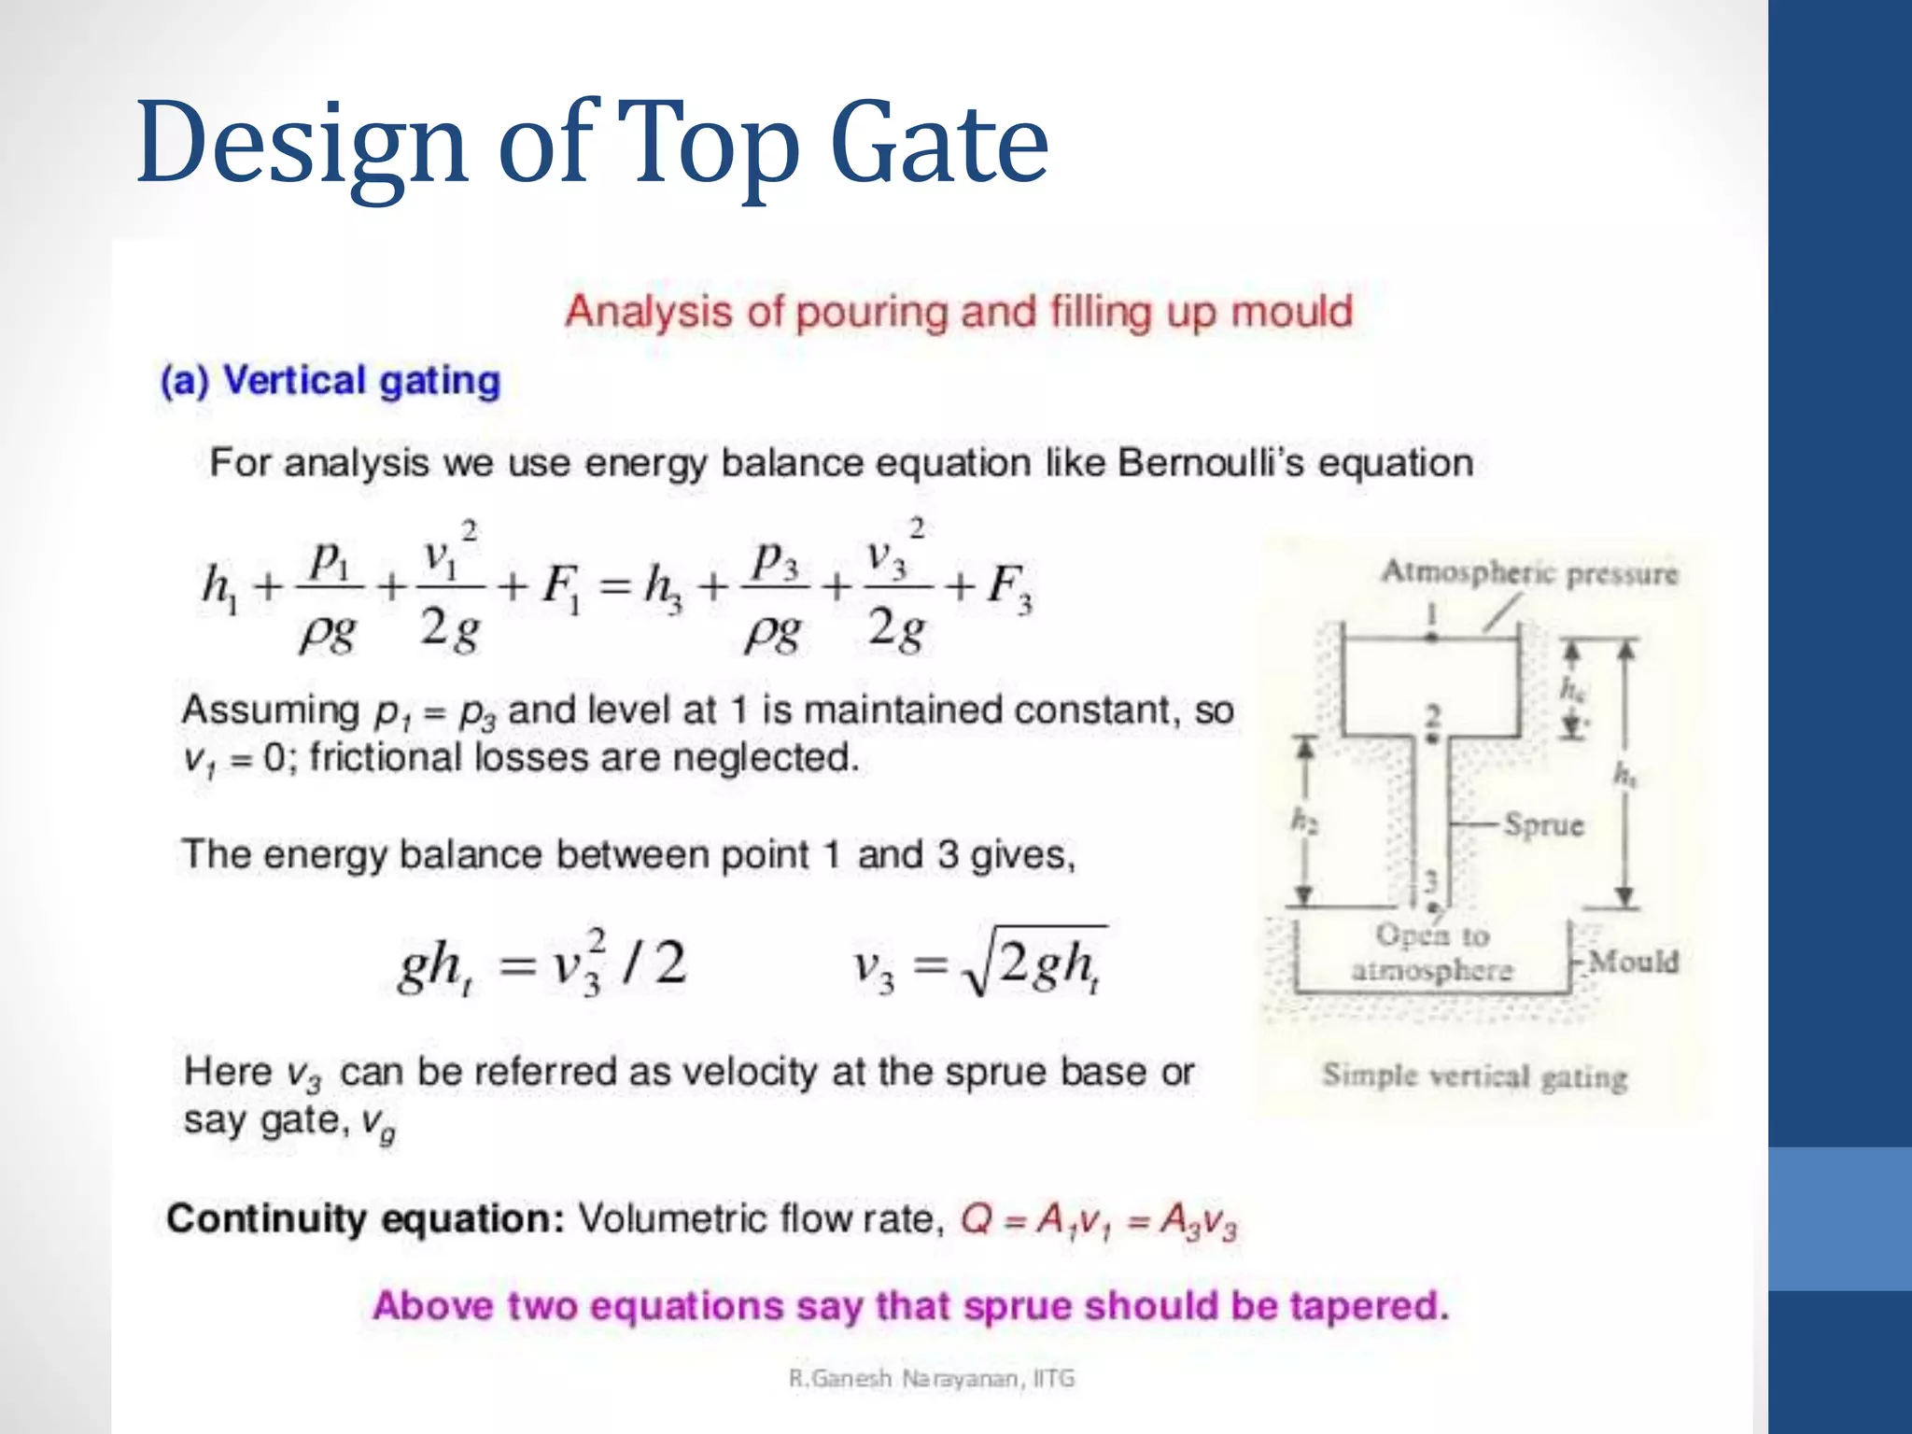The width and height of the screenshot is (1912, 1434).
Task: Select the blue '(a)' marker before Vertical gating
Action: tap(185, 381)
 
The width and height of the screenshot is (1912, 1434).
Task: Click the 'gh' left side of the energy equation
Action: tap(432, 965)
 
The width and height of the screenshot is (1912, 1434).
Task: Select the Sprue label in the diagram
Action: tap(1542, 825)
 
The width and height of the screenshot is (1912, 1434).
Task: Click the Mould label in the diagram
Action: tap(1633, 961)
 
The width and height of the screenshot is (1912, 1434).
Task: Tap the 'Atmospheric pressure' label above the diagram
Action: tap(1529, 572)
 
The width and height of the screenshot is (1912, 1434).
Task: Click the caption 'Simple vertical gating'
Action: tap(1474, 1075)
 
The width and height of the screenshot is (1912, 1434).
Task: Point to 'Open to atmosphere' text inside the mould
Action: tap(1431, 952)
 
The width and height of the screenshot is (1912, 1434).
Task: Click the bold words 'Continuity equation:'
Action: tap(365, 1219)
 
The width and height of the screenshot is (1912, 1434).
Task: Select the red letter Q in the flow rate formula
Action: tap(977, 1219)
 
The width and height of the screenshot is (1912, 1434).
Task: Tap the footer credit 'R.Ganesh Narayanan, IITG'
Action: tap(932, 1378)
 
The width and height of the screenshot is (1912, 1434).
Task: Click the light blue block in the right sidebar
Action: tap(1839, 1218)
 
